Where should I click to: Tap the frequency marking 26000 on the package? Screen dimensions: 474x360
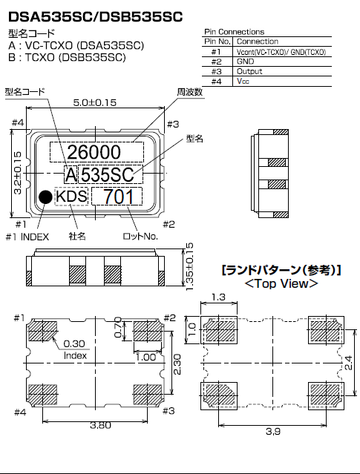click(x=94, y=152)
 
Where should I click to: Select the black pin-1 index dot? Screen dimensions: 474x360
click(x=45, y=197)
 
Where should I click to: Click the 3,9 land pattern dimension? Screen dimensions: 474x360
click(x=272, y=429)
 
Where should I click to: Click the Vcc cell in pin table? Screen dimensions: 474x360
click(x=244, y=82)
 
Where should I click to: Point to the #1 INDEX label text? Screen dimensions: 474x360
click(x=27, y=237)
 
